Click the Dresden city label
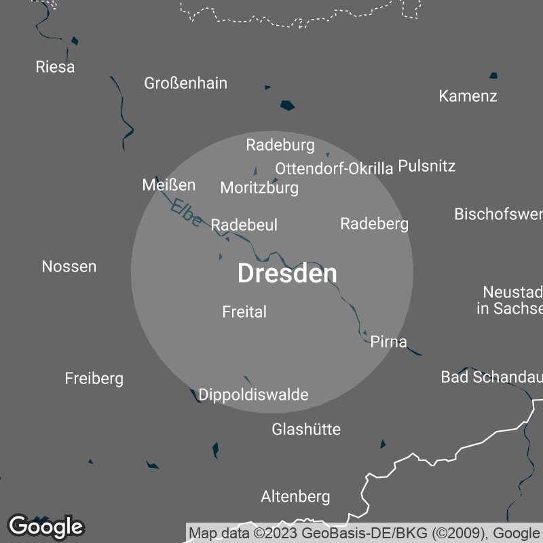(287, 274)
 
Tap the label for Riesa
(55, 67)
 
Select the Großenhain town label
(185, 83)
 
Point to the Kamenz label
(468, 96)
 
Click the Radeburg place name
(280, 145)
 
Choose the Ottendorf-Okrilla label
(334, 168)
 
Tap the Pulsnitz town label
(426, 166)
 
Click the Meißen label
(168, 185)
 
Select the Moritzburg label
(259, 188)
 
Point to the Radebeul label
(244, 225)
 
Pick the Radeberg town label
(374, 223)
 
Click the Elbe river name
(185, 212)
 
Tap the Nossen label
(69, 266)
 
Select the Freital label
(244, 312)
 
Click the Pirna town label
(389, 341)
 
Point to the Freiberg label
(94, 378)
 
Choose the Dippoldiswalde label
(253, 394)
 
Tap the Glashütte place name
(306, 429)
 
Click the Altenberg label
(295, 497)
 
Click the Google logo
(45, 526)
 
